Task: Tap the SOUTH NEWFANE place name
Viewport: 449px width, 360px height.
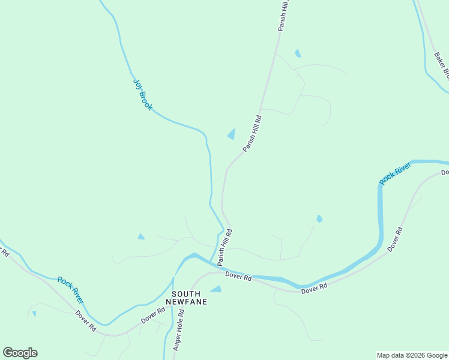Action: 189,298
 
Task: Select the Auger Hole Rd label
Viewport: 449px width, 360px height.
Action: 179,331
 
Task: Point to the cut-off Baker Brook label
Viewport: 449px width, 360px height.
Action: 441,66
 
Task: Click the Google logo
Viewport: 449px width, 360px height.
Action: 20,353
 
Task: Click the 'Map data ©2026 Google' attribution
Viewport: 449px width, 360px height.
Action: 412,355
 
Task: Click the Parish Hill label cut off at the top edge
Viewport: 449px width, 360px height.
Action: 283,15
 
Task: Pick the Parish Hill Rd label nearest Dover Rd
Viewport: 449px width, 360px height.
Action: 224,247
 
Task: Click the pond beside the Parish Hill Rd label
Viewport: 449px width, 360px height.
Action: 231,134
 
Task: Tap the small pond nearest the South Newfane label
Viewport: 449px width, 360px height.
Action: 216,289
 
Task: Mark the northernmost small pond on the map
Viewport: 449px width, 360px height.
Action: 298,53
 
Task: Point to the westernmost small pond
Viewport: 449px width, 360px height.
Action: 34,313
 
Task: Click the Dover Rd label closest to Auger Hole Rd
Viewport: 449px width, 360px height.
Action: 152,316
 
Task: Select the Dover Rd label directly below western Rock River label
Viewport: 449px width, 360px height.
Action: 85,320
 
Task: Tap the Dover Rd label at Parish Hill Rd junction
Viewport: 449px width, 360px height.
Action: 238,276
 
